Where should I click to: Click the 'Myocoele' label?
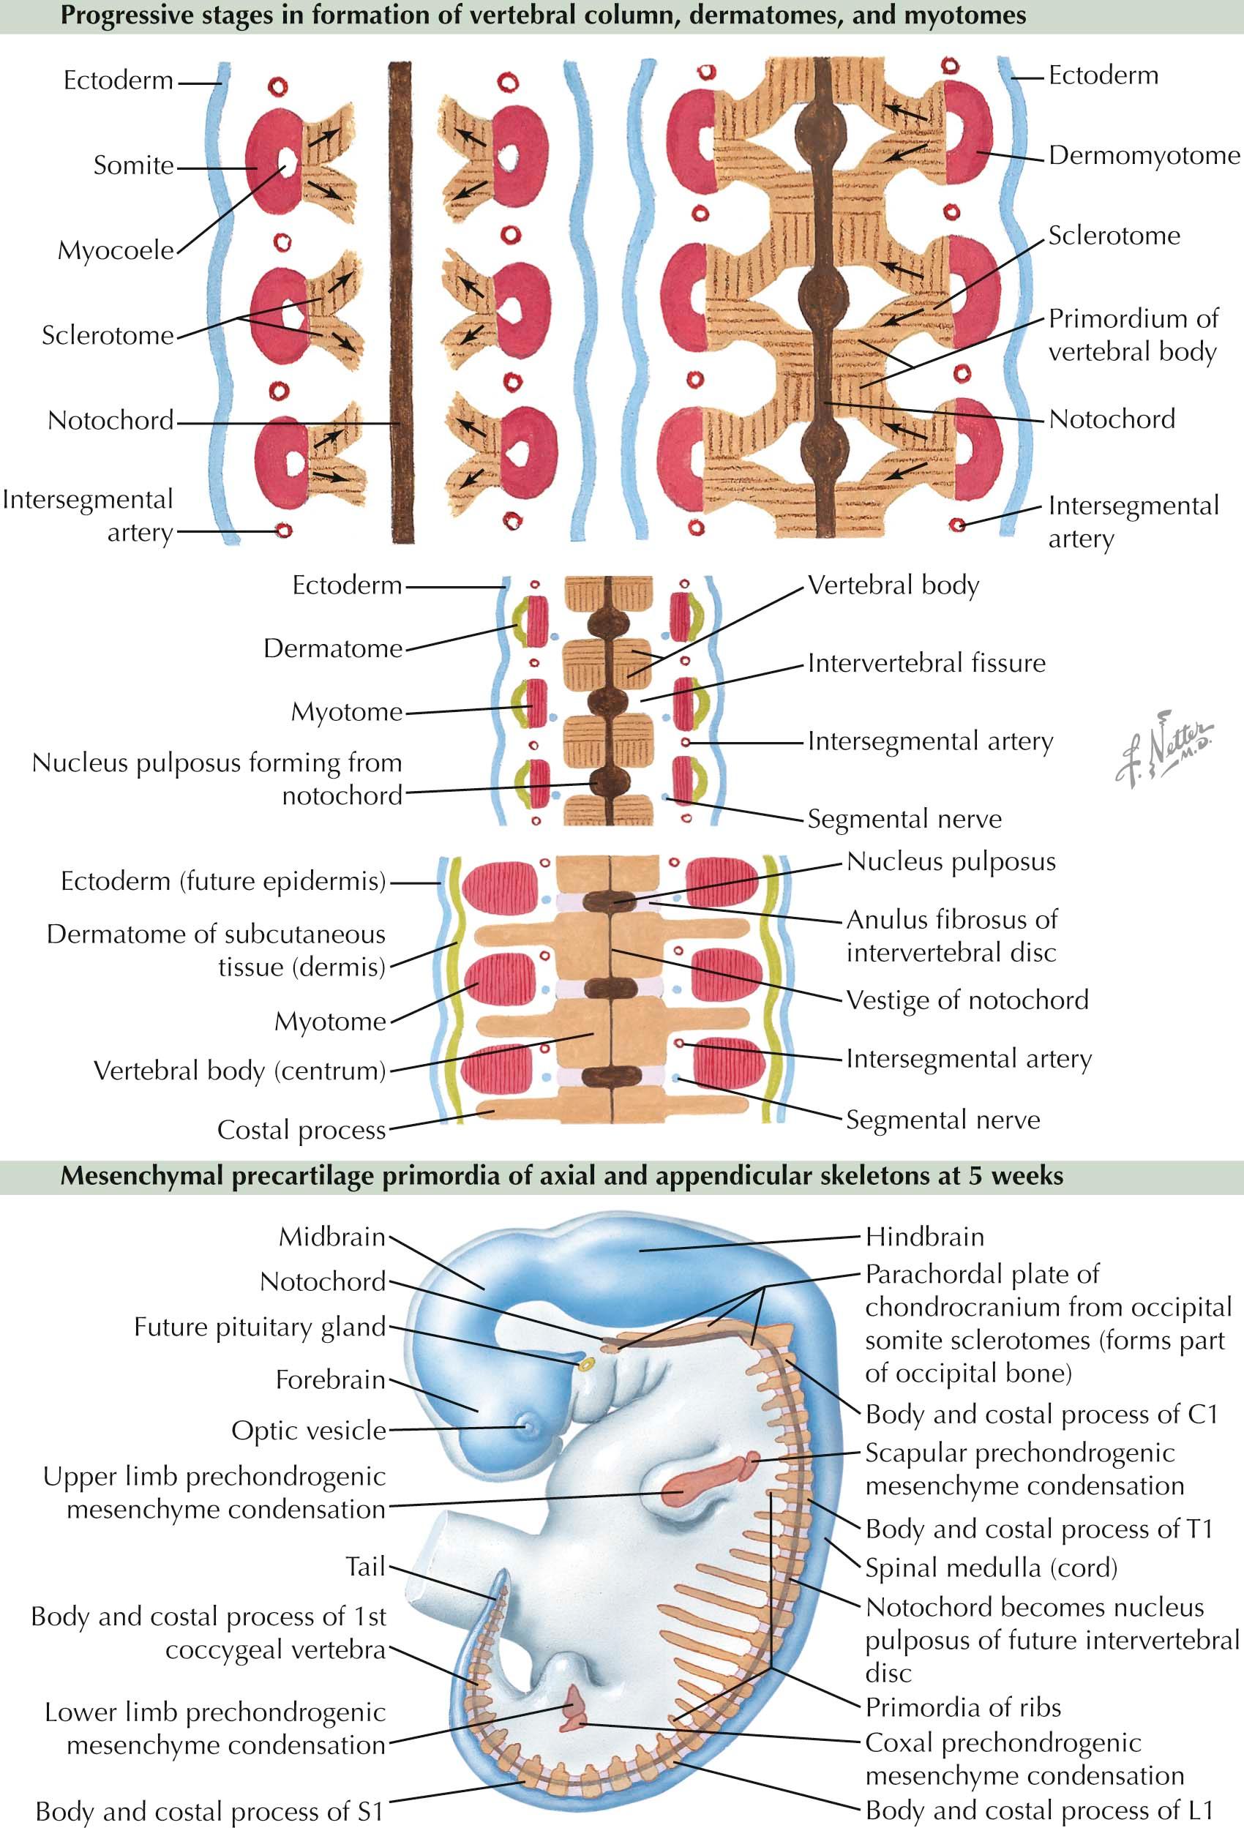(x=116, y=251)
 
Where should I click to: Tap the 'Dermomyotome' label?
(x=1143, y=156)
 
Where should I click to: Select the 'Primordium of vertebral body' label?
(x=1132, y=335)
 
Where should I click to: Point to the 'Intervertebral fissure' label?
(x=926, y=663)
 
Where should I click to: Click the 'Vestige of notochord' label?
(x=967, y=1000)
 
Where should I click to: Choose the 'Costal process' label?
(x=301, y=1130)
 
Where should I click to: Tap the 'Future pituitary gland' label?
(x=260, y=1327)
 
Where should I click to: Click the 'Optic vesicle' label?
(x=308, y=1430)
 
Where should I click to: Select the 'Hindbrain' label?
(x=925, y=1237)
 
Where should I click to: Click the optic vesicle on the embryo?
(x=525, y=1425)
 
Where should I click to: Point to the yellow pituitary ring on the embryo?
(x=585, y=1363)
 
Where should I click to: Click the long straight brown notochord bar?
(x=401, y=303)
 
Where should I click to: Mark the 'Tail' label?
(x=366, y=1566)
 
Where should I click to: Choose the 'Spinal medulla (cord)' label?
(x=991, y=1567)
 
